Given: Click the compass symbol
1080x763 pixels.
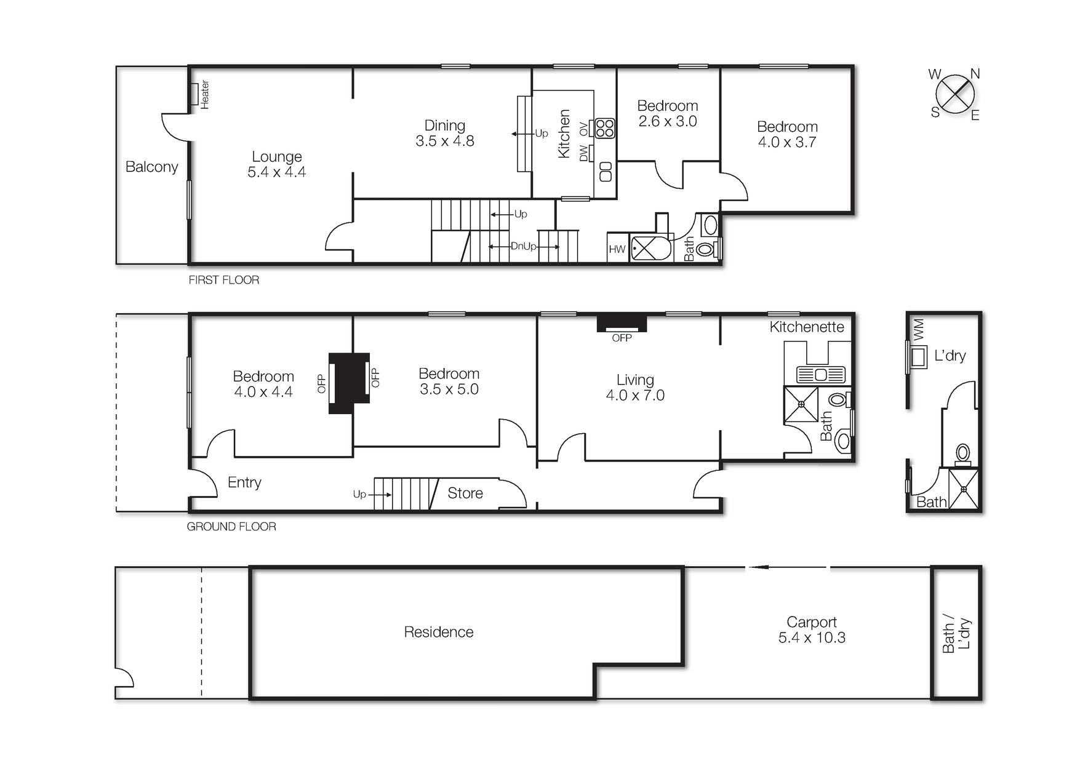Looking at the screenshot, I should tap(954, 95).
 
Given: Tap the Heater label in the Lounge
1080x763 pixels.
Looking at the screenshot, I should tap(205, 95).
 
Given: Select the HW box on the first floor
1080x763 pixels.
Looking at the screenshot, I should tap(617, 249).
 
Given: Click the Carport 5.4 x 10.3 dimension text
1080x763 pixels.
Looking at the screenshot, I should tap(812, 638).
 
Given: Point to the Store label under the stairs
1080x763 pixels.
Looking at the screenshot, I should tap(465, 493).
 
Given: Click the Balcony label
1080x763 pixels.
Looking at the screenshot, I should tap(151, 167).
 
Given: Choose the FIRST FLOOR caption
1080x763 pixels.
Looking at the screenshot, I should tap(223, 280).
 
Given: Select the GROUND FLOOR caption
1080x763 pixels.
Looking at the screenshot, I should tap(231, 527).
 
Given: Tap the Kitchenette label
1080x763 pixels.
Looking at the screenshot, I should tap(806, 327).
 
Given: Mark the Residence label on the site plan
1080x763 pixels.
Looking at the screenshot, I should tap(438, 632).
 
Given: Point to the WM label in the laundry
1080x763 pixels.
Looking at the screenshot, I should tap(919, 330).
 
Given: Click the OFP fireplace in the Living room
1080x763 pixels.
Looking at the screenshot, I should tap(622, 324).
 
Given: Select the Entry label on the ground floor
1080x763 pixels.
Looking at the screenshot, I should tap(244, 482).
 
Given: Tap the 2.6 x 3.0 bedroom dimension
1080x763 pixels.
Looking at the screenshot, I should tap(668, 121).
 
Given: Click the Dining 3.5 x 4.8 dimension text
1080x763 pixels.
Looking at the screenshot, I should tap(445, 141).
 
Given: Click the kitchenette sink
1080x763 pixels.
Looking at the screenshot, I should tap(820, 374).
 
